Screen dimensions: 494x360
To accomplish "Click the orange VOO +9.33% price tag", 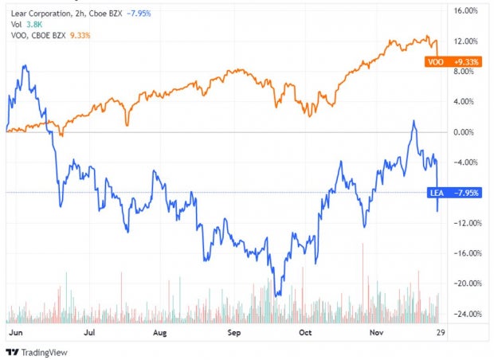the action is (453, 62).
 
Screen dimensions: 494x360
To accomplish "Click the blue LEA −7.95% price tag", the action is (454, 193).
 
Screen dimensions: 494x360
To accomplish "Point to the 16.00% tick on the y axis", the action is (465, 10).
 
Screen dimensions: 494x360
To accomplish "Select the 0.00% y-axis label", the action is (464, 132).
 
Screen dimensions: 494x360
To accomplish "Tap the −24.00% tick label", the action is (468, 314).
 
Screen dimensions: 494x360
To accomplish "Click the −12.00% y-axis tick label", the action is (468, 223).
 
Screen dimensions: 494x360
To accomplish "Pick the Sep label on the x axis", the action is (234, 333).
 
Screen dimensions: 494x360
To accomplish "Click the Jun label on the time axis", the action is (16, 333).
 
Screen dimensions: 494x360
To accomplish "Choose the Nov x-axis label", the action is (376, 333).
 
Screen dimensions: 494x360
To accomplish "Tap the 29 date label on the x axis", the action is (441, 333).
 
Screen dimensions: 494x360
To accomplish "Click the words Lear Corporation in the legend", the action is (41, 14).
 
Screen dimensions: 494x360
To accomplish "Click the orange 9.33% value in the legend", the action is (80, 35).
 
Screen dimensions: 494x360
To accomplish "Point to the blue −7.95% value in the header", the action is (139, 14).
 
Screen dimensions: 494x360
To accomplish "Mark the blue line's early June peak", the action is (25, 65).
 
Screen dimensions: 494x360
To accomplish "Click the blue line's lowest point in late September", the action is (276, 295).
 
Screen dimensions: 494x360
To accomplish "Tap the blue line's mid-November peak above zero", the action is (414, 120).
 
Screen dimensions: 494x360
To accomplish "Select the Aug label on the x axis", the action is (159, 333).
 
